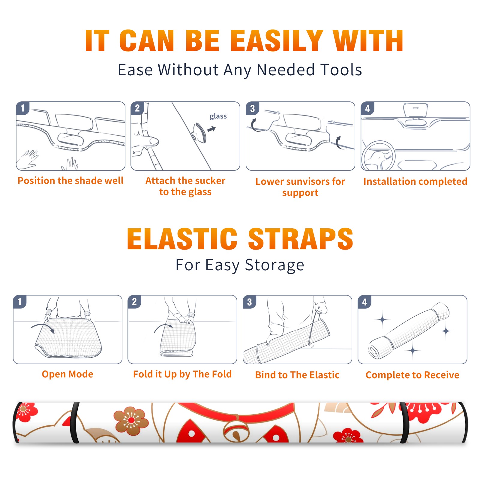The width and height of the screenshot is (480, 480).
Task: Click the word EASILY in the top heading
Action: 277,41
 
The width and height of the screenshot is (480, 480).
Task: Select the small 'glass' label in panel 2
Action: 218,116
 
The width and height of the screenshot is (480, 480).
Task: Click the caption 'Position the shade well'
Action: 70,181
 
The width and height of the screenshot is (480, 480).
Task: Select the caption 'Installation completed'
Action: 415,181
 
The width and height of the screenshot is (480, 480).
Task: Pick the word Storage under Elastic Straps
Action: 274,265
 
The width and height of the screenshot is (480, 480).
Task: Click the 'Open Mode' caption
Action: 67,374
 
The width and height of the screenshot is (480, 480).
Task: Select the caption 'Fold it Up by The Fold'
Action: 182,374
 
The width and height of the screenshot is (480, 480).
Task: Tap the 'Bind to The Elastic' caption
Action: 297,375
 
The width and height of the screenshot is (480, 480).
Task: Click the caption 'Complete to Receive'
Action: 412,375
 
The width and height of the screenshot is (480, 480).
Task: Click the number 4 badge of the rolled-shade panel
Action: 364,302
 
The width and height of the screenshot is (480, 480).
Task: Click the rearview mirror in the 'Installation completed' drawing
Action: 415,110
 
